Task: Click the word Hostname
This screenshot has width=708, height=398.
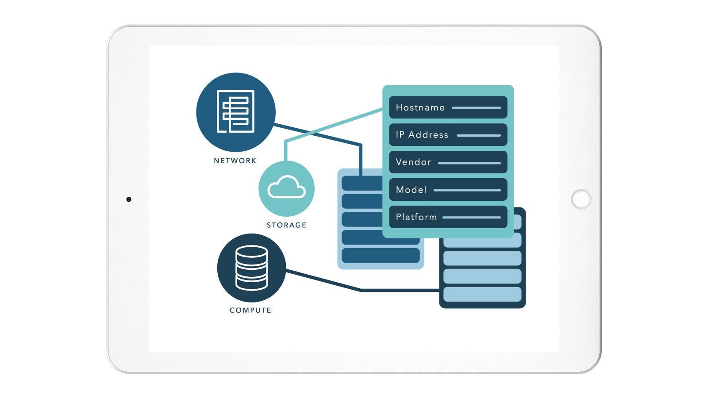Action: (420, 107)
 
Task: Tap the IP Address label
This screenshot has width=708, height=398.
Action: (422, 135)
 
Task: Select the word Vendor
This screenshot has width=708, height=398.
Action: (413, 162)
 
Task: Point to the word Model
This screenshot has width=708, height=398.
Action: (411, 190)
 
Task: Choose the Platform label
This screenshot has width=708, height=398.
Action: (416, 217)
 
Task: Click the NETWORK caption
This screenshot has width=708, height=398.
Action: (235, 161)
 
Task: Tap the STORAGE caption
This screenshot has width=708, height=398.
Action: (287, 225)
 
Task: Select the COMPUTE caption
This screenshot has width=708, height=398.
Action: (250, 310)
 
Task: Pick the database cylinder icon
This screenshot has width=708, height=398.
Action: (252, 268)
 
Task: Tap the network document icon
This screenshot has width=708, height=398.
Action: (235, 111)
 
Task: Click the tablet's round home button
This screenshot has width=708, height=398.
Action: (581, 199)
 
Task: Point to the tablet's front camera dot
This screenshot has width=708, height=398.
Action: (129, 199)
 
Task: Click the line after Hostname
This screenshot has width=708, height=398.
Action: (476, 108)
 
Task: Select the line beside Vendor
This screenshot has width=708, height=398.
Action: (469, 163)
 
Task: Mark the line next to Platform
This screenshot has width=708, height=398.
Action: (472, 217)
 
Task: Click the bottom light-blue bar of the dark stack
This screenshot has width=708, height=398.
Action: (482, 294)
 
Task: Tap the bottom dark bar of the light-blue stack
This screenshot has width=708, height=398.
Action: (381, 255)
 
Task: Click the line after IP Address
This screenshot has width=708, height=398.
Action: (479, 135)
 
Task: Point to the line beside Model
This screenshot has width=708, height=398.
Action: (467, 190)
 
